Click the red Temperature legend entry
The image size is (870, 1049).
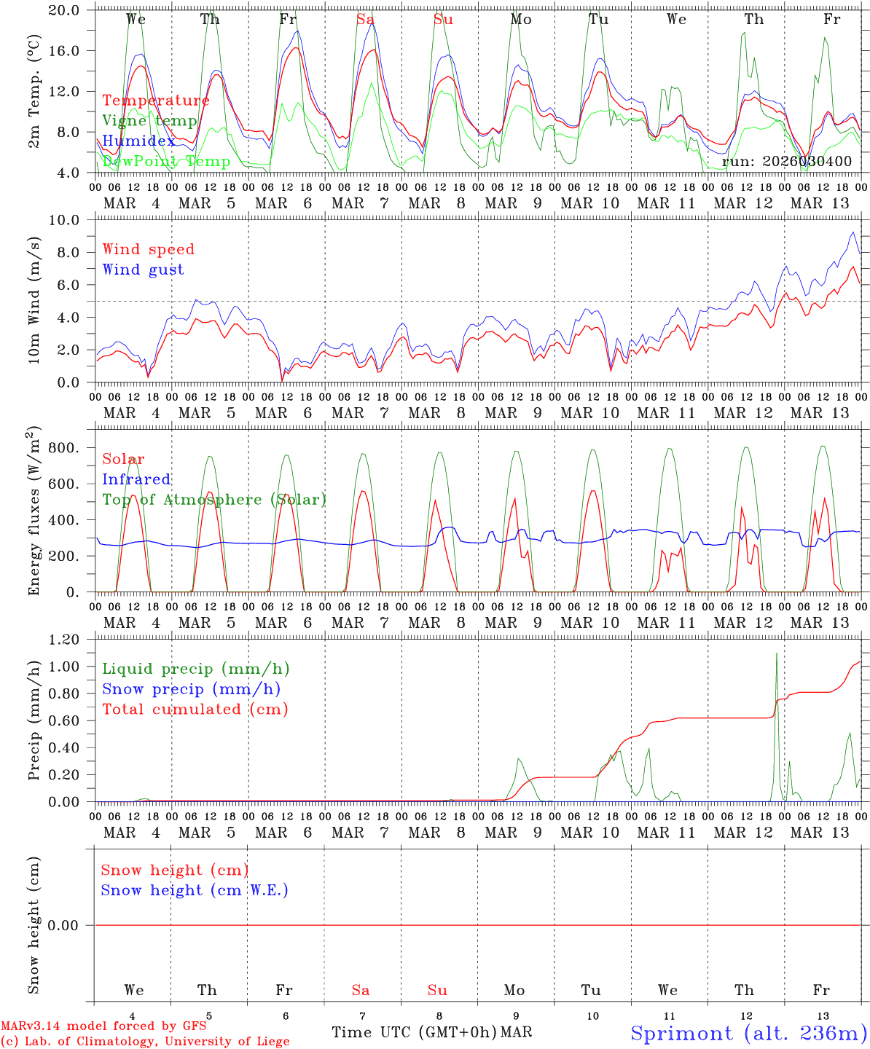point(155,101)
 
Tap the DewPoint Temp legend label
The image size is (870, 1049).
point(166,161)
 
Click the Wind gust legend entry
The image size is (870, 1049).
point(143,270)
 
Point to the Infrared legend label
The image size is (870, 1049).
point(136,479)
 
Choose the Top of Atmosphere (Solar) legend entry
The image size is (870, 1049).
point(213,500)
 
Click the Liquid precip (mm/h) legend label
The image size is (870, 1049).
point(196,669)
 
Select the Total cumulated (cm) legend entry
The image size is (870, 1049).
point(195,709)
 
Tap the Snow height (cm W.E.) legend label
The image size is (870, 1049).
point(194,890)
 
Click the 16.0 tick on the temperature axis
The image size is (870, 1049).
point(72,51)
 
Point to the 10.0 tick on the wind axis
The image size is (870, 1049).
point(72,220)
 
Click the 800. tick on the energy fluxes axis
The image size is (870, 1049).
point(72,448)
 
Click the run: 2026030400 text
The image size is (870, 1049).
point(786,161)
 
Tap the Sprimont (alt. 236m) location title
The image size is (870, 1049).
point(748,1033)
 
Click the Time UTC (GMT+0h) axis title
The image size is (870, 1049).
point(414,1032)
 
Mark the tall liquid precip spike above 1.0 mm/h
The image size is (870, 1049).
point(777,653)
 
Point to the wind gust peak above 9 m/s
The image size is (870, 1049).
point(853,232)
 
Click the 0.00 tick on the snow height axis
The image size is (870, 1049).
point(72,925)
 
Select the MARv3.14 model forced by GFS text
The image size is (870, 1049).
point(103,1026)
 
